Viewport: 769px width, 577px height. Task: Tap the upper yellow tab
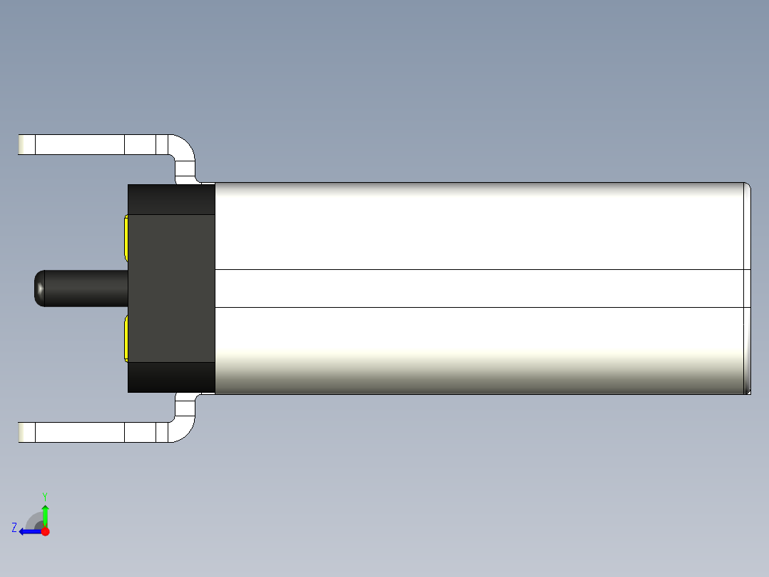click(126, 239)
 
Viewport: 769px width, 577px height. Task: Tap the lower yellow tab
click(126, 338)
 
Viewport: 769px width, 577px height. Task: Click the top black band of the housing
click(171, 199)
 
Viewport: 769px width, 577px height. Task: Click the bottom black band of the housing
click(171, 377)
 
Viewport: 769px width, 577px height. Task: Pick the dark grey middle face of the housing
click(171, 288)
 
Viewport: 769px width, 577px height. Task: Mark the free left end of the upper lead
click(26, 144)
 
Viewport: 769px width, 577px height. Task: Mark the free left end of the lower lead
click(26, 432)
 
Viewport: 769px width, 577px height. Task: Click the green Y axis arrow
click(45, 514)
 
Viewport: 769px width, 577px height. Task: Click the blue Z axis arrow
click(29, 531)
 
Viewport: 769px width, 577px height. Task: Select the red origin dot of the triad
click(45, 531)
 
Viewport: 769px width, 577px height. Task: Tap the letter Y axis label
click(44, 496)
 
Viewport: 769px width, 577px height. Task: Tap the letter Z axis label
click(14, 528)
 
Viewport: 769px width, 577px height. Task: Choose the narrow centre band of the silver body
click(478, 288)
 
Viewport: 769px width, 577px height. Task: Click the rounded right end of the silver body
click(747, 288)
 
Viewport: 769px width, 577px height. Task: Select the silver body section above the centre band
click(478, 226)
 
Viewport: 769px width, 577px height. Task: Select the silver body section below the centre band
click(478, 350)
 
